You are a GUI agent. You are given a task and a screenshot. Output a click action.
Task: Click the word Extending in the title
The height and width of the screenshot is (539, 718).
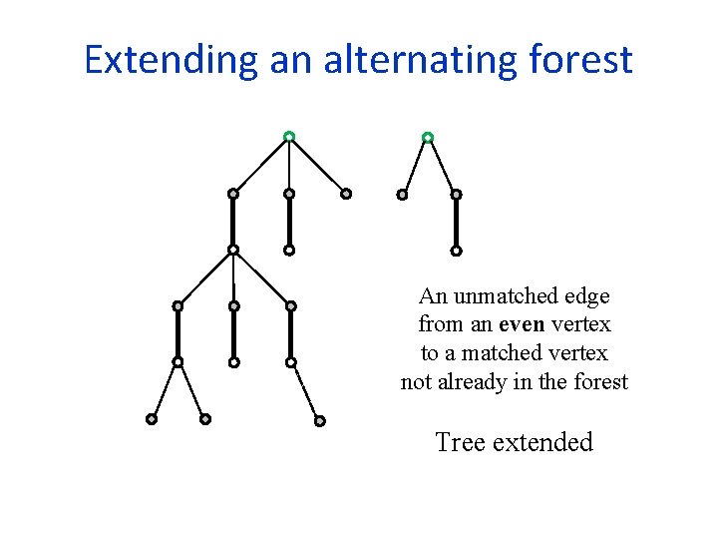click(x=171, y=60)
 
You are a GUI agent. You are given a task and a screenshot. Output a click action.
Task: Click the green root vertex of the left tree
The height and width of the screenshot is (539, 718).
click(x=288, y=136)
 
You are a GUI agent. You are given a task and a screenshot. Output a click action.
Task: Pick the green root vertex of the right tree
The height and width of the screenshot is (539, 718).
click(x=428, y=137)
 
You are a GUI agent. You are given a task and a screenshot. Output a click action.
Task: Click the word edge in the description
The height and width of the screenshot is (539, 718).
click(x=587, y=296)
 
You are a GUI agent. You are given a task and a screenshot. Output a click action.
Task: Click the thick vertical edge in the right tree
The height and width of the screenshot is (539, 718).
click(x=456, y=223)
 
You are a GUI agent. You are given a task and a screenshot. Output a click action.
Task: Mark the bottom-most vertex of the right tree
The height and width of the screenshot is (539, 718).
click(x=456, y=251)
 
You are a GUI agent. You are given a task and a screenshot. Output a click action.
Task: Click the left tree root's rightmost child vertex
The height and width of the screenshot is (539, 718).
click(x=346, y=194)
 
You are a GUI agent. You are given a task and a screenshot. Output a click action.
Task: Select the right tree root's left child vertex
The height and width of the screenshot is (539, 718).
click(x=402, y=195)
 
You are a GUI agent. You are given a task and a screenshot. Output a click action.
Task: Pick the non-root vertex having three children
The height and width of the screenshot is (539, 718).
click(x=232, y=250)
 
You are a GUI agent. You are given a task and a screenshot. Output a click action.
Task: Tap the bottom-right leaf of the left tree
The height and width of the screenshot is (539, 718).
click(x=319, y=421)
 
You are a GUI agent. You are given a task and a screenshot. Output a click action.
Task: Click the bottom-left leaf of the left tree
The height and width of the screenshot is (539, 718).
click(x=152, y=419)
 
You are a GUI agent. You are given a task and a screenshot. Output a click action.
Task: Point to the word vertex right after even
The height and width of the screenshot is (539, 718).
click(x=587, y=324)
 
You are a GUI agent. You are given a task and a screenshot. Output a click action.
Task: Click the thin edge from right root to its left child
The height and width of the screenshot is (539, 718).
click(x=415, y=166)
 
